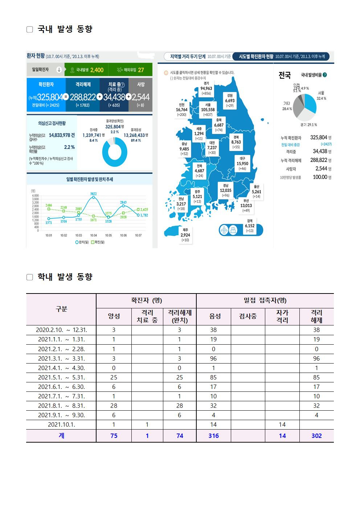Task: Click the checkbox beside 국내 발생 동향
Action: (x=30, y=29)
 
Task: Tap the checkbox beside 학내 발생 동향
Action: (x=30, y=277)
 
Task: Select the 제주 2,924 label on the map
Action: (x=185, y=235)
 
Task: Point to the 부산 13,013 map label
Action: (x=246, y=205)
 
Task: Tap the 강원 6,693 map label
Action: (x=230, y=100)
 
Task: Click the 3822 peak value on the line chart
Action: (x=93, y=194)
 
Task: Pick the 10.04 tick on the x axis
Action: (x=93, y=235)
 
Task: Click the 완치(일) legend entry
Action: (x=82, y=242)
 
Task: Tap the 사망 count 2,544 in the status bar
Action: (x=141, y=97)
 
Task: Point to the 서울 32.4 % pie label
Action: (x=321, y=96)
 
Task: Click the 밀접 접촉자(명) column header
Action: (x=265, y=300)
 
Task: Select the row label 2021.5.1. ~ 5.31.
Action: (x=61, y=377)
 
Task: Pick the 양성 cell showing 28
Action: (x=114, y=406)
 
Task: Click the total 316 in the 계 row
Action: (x=213, y=436)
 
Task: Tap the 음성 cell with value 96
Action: (x=213, y=358)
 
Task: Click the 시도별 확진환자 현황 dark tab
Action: (x=281, y=57)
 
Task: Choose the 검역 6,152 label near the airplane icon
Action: (x=250, y=225)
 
